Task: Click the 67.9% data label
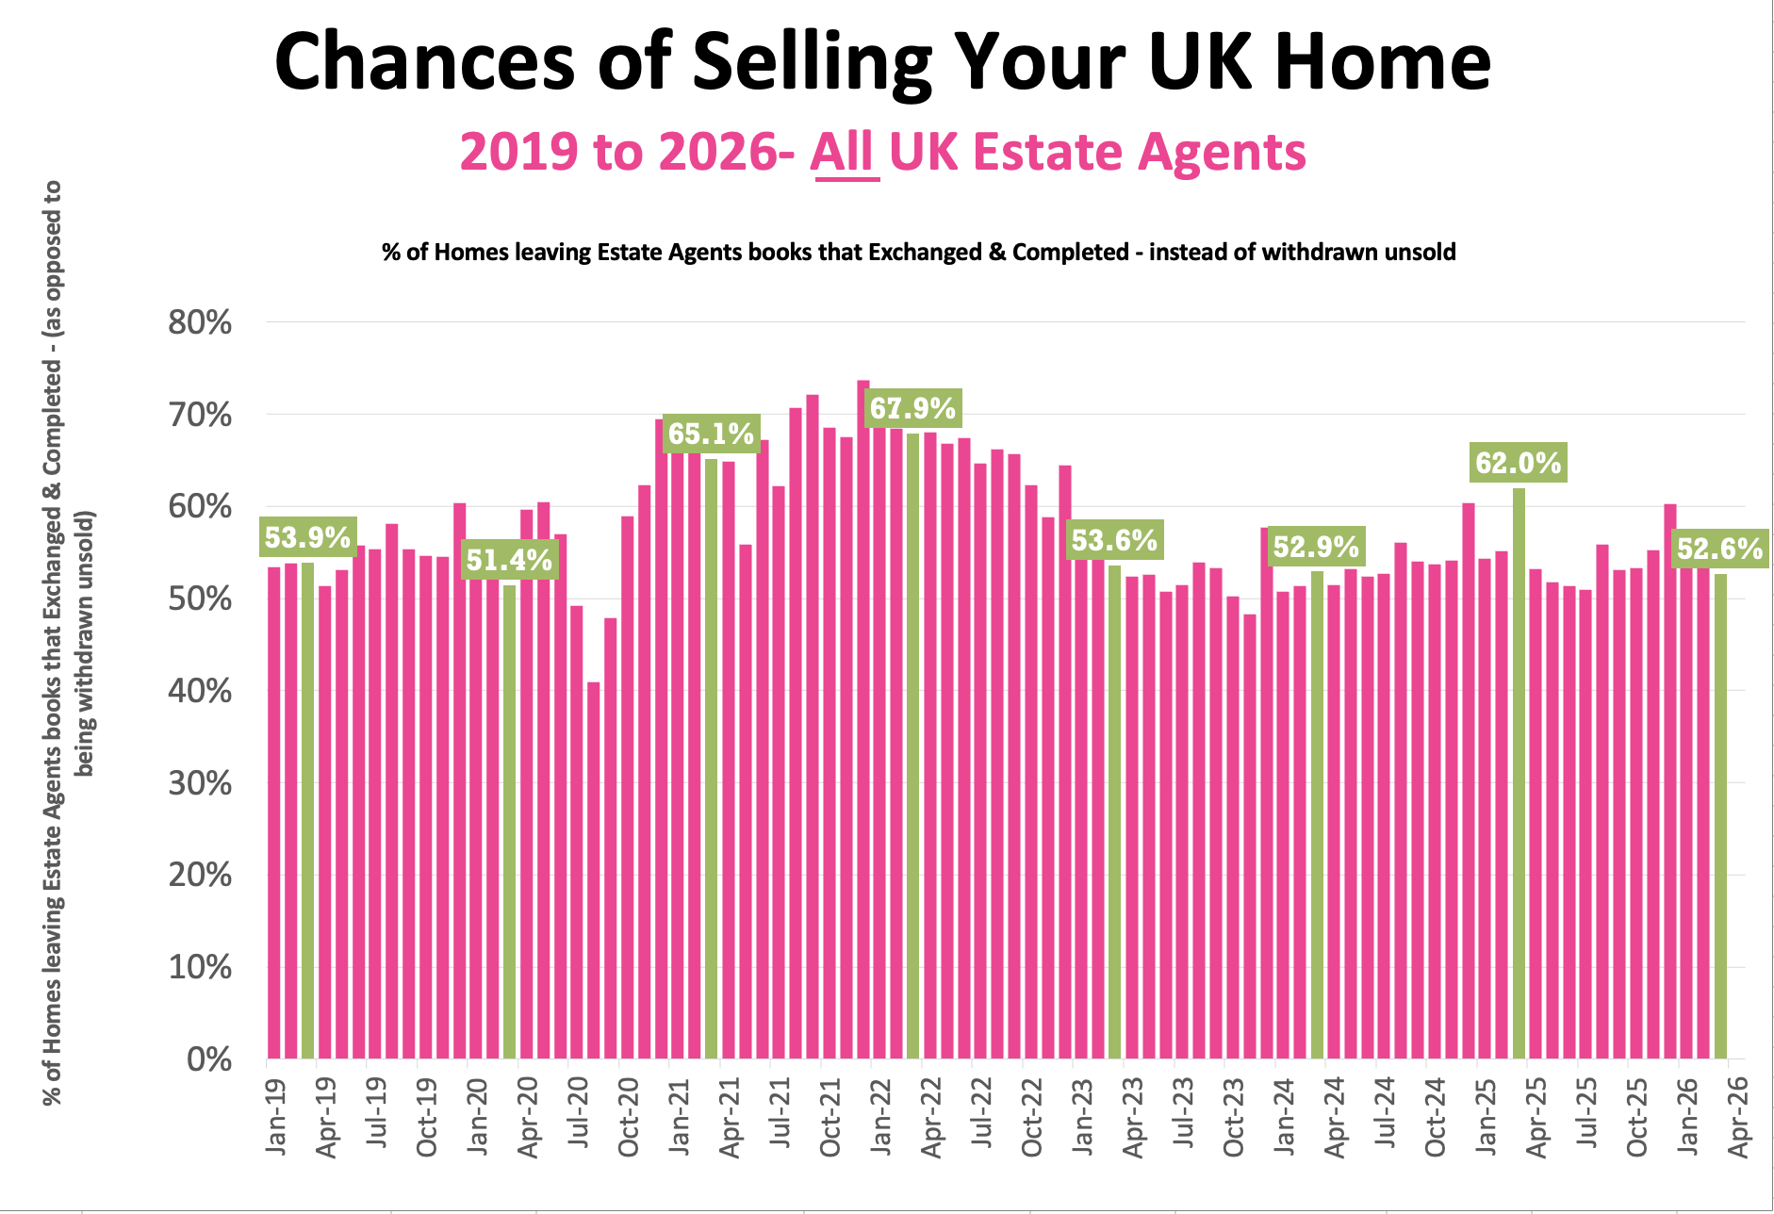click(912, 408)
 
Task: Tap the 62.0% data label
click(1519, 463)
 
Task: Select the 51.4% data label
click(509, 561)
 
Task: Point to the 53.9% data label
click(307, 538)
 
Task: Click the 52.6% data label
click(1719, 549)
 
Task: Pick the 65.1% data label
click(711, 435)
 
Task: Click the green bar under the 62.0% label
click(1519, 773)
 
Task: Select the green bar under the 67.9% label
click(912, 745)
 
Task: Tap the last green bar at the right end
click(1720, 815)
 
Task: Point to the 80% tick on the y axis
click(200, 323)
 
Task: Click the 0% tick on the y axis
click(209, 1059)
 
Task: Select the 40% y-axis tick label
click(200, 691)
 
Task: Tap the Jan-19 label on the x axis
click(275, 1118)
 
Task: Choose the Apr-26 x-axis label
click(1737, 1118)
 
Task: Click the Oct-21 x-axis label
click(829, 1118)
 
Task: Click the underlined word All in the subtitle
click(844, 152)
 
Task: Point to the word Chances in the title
click(424, 61)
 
